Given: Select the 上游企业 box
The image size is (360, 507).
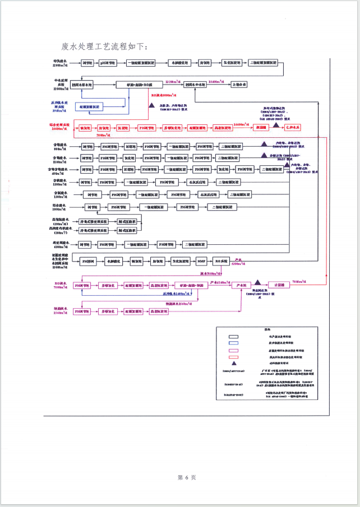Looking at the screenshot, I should point(240,84).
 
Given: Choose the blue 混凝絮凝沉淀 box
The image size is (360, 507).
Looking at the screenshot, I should point(90,106).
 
